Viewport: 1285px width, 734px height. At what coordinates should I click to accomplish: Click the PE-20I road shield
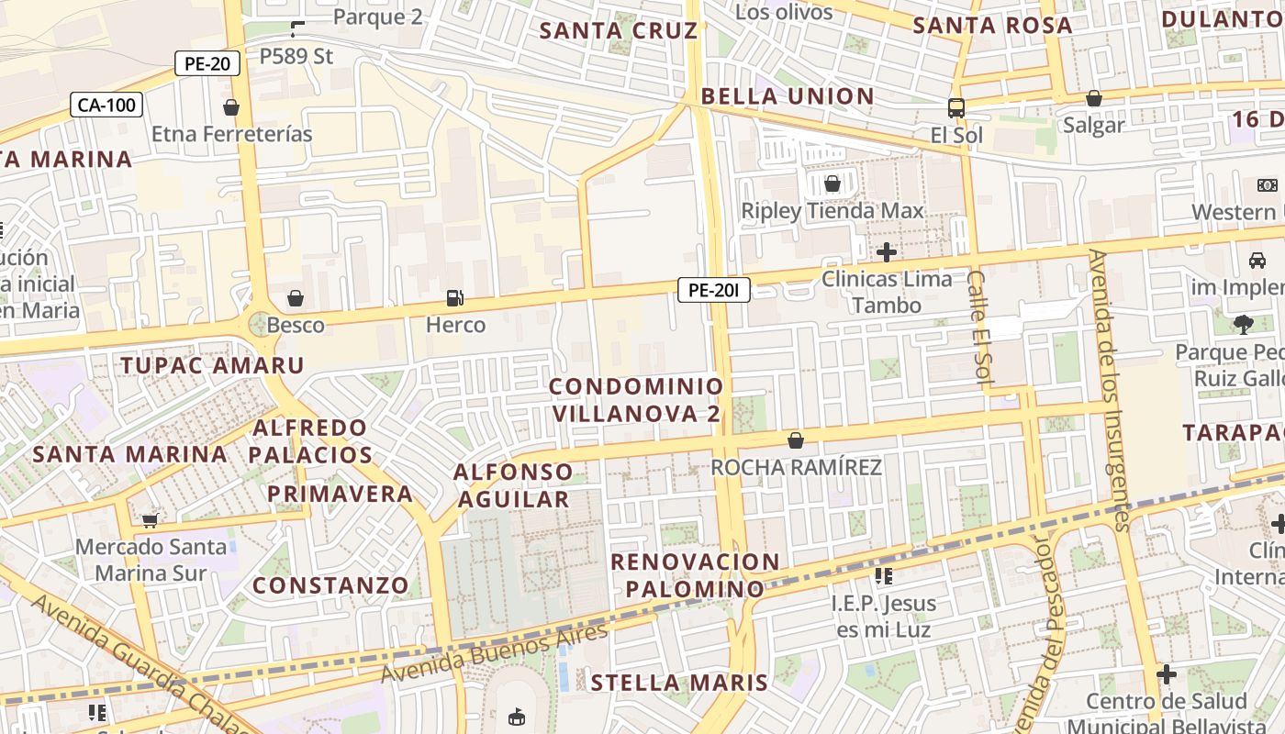tap(714, 291)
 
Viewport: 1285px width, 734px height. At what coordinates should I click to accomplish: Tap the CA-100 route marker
tap(106, 105)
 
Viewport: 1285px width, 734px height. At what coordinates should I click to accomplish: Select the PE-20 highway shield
tap(207, 63)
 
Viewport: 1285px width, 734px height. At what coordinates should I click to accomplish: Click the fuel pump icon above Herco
tap(454, 297)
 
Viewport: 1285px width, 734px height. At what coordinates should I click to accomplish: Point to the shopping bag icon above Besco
tap(296, 298)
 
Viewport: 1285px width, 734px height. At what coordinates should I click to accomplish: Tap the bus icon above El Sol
tap(955, 107)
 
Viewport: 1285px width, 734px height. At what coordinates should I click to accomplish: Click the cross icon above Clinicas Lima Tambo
tap(887, 251)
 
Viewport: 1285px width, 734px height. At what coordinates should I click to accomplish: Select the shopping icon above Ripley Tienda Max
tap(832, 183)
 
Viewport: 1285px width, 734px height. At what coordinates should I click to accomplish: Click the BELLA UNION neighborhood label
tap(788, 96)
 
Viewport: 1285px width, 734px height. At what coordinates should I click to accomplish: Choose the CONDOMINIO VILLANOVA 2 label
tap(637, 400)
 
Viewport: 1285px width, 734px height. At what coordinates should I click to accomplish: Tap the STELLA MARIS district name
tap(678, 683)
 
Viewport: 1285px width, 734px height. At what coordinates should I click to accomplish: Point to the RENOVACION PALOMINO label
tap(695, 575)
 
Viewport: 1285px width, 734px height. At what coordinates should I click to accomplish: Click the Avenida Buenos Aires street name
tap(495, 653)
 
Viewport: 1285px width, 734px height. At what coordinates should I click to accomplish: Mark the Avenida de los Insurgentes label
tap(1109, 390)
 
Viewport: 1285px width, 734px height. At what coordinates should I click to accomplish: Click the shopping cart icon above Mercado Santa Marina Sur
tap(151, 520)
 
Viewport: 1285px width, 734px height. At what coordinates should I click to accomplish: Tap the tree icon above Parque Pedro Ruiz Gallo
tap(1244, 324)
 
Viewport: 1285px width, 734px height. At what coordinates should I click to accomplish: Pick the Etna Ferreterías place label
tap(231, 134)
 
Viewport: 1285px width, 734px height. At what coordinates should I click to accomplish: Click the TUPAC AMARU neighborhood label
tap(212, 365)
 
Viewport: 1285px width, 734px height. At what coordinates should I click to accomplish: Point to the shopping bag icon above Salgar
tap(1093, 97)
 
